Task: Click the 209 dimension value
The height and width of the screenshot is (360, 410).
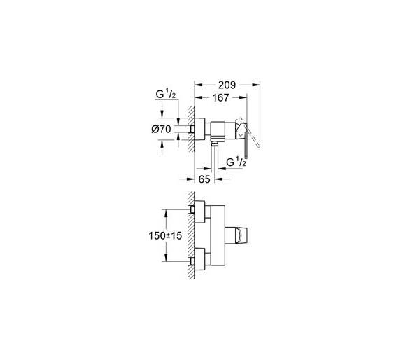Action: [x=227, y=85]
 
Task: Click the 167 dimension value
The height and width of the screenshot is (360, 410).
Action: [x=220, y=97]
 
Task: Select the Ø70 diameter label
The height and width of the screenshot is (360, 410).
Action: [x=161, y=129]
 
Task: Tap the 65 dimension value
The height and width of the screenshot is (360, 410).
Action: [x=204, y=179]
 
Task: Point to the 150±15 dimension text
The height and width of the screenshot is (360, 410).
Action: [x=165, y=235]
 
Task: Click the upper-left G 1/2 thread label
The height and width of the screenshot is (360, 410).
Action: [x=165, y=95]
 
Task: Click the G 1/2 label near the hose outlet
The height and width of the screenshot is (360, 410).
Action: [x=236, y=162]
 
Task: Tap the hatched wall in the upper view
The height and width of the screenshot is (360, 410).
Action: [x=192, y=129]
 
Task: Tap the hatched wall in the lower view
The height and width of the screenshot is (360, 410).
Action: [x=192, y=235]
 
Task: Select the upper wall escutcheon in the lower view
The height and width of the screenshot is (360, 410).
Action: [x=200, y=212]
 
